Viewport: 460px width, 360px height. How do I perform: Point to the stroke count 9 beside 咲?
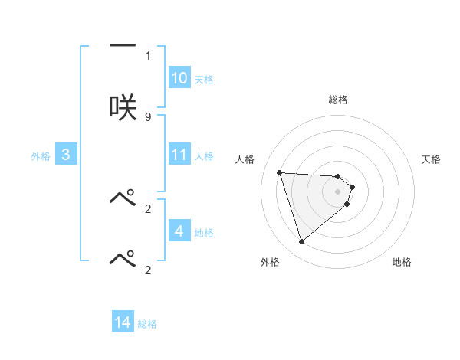coord(148,116)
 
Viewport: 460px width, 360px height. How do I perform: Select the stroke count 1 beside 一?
coord(148,56)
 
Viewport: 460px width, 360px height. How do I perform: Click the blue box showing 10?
coord(179,78)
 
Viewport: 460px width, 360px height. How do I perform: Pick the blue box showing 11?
coord(179,155)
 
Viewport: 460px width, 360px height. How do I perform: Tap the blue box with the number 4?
coord(179,231)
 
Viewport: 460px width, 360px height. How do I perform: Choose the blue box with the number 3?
coord(66,155)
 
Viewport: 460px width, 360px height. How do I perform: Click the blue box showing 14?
coord(123,322)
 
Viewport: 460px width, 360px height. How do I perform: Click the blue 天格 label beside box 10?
coord(204,80)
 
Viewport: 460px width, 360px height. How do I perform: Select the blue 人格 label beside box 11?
coord(204,156)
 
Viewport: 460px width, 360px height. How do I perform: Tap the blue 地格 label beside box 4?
coord(204,233)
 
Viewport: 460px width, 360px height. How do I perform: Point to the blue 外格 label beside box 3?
coord(41,156)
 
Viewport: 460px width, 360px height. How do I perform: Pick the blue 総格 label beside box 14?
coord(147,324)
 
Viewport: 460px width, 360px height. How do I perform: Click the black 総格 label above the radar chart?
coord(338,100)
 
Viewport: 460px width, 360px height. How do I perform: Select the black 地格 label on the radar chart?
coord(402,262)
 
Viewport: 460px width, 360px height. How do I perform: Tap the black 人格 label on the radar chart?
coord(245,159)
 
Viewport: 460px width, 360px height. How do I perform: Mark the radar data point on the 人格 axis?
coord(280,172)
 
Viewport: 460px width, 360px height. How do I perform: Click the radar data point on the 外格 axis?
coord(301,241)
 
